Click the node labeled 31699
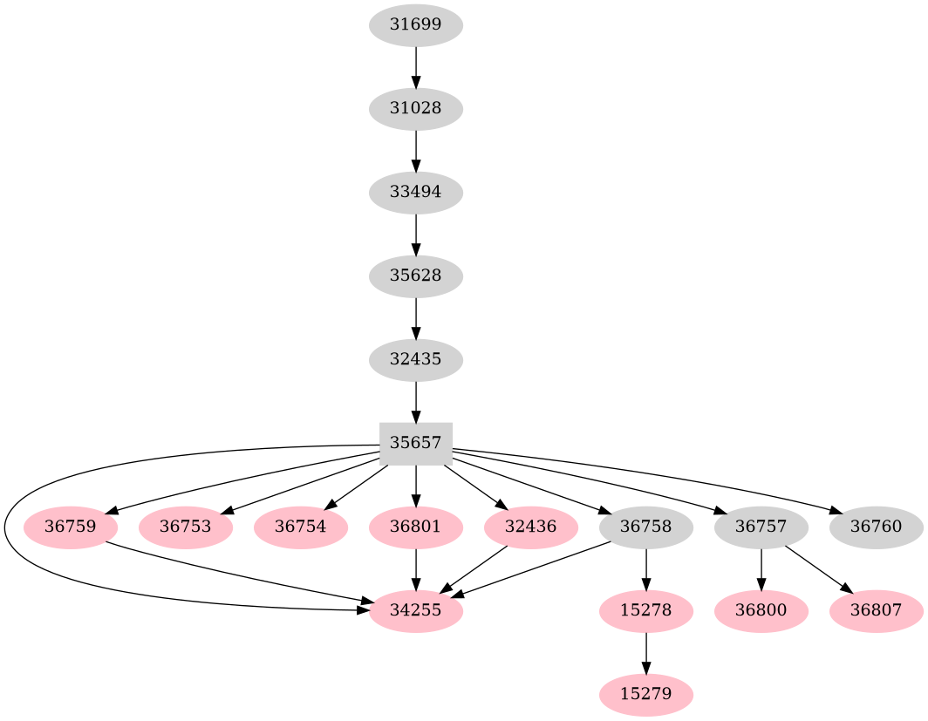coord(415,25)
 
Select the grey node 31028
coord(415,109)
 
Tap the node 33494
coord(415,193)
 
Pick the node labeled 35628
coord(415,276)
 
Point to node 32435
coord(415,359)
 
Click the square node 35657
coord(415,443)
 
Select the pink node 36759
coord(70,527)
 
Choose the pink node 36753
coord(185,527)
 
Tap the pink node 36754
coord(300,527)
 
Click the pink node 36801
coord(415,527)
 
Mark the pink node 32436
coord(530,527)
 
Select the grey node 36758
coord(645,527)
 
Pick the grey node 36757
coord(761,527)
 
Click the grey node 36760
coord(876,527)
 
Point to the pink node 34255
coord(415,611)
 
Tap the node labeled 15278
coord(645,611)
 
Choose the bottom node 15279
coord(645,695)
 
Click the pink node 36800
coord(761,611)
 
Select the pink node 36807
coord(876,611)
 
